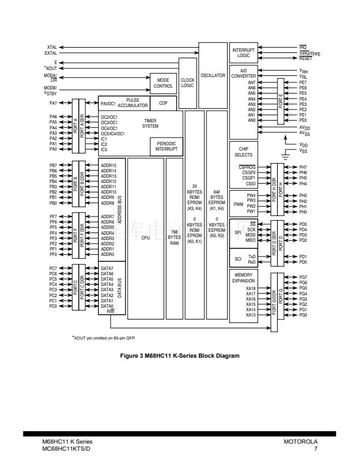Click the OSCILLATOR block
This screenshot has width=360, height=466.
pyautogui.click(x=212, y=75)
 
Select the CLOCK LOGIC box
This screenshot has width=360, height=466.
pyautogui.click(x=188, y=82)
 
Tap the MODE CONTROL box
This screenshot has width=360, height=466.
pyautogui.click(x=163, y=83)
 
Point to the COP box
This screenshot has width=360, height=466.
pyautogui.click(x=163, y=103)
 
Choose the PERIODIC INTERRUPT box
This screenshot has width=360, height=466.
pyautogui.click(x=166, y=147)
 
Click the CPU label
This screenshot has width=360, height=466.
pyautogui.click(x=146, y=237)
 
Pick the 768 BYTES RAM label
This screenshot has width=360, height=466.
pyautogui.click(x=174, y=237)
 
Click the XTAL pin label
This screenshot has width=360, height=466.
pyautogui.click(x=52, y=47)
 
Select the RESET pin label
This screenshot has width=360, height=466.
pyautogui.click(x=306, y=58)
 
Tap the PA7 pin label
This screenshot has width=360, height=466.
pyautogui.click(x=53, y=104)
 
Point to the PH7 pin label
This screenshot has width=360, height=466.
pyautogui.click(x=304, y=167)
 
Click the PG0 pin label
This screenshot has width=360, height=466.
pyautogui.click(x=304, y=315)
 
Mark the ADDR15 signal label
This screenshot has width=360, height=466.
pyautogui.click(x=109, y=165)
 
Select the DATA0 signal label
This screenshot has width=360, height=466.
pyautogui.click(x=107, y=306)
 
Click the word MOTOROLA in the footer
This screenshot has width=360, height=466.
pyautogui.click(x=301, y=441)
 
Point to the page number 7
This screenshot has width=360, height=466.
pyautogui.click(x=316, y=448)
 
